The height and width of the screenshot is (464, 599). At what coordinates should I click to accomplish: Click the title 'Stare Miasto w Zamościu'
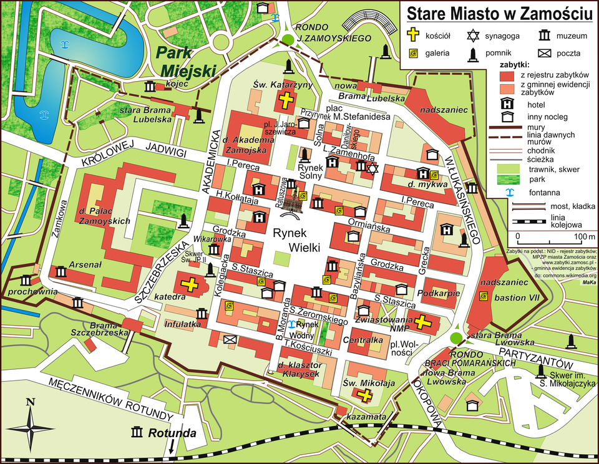tap(499, 13)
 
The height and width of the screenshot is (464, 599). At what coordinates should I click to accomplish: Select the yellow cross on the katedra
tap(190, 285)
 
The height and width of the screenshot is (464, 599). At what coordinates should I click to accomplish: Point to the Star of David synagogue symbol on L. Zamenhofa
tap(373, 168)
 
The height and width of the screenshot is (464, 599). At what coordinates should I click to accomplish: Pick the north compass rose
tap(29, 427)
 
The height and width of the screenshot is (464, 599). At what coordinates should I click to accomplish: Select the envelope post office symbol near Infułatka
tap(230, 339)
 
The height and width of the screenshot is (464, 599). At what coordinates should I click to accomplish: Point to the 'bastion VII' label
tap(517, 297)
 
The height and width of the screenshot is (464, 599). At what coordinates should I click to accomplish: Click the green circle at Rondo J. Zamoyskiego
tap(287, 40)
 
